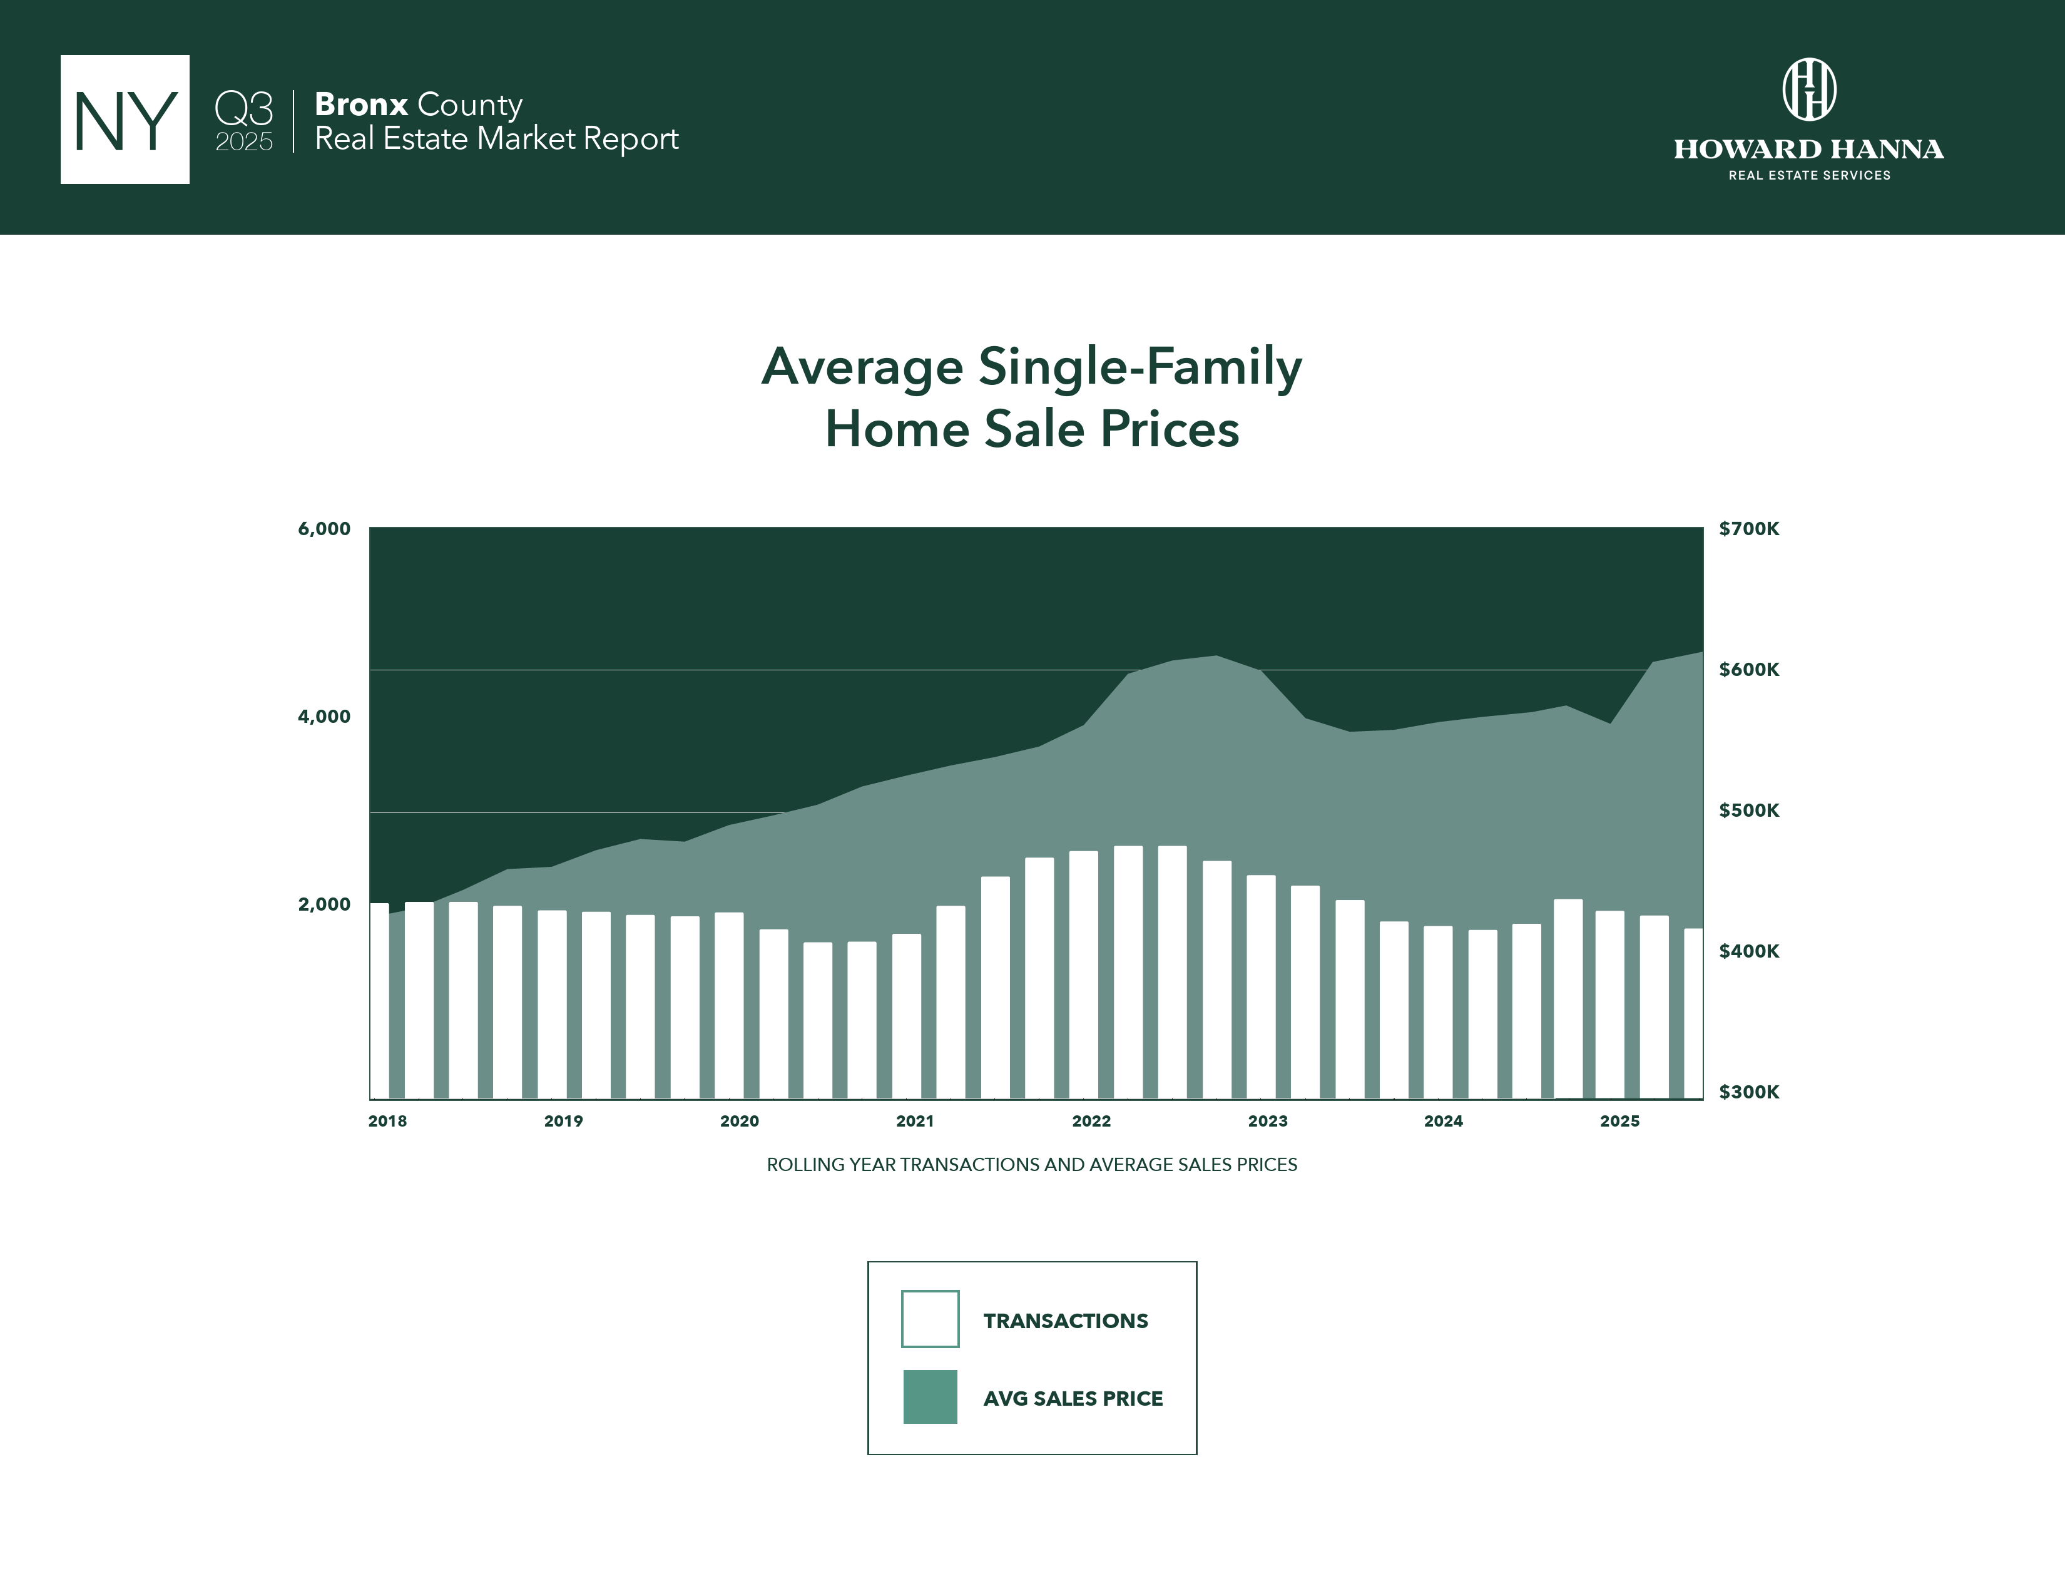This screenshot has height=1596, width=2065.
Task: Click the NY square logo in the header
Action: pos(125,119)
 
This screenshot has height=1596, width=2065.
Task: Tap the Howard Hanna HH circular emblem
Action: pos(1809,90)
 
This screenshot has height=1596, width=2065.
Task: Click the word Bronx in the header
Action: pos(360,104)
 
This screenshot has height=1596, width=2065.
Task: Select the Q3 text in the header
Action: pos(244,108)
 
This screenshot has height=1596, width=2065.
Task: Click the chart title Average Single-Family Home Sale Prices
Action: pos(1031,397)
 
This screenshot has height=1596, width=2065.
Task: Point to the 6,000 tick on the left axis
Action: pos(324,528)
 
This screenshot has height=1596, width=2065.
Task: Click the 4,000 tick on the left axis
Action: pos(324,717)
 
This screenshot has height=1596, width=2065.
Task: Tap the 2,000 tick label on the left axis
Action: pos(324,904)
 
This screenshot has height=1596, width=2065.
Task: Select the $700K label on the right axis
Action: pos(1748,528)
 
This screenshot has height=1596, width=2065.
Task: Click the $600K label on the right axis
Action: pos(1748,670)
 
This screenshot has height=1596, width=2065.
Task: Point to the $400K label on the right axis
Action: pos(1748,951)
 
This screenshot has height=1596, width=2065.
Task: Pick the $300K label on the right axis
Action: pos(1748,1092)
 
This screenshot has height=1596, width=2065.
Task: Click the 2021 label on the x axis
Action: pos(914,1122)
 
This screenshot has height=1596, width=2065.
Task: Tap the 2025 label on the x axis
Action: pos(1619,1122)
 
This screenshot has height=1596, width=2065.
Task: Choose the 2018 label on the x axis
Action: pos(387,1122)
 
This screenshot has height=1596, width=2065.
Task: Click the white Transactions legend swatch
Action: pos(929,1319)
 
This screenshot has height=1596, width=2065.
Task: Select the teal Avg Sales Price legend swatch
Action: pos(929,1396)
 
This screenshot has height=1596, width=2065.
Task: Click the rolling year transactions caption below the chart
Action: pos(1031,1165)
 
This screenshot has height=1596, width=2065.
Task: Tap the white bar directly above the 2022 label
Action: pos(1084,974)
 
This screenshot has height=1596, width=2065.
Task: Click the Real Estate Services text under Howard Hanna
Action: pos(1809,175)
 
